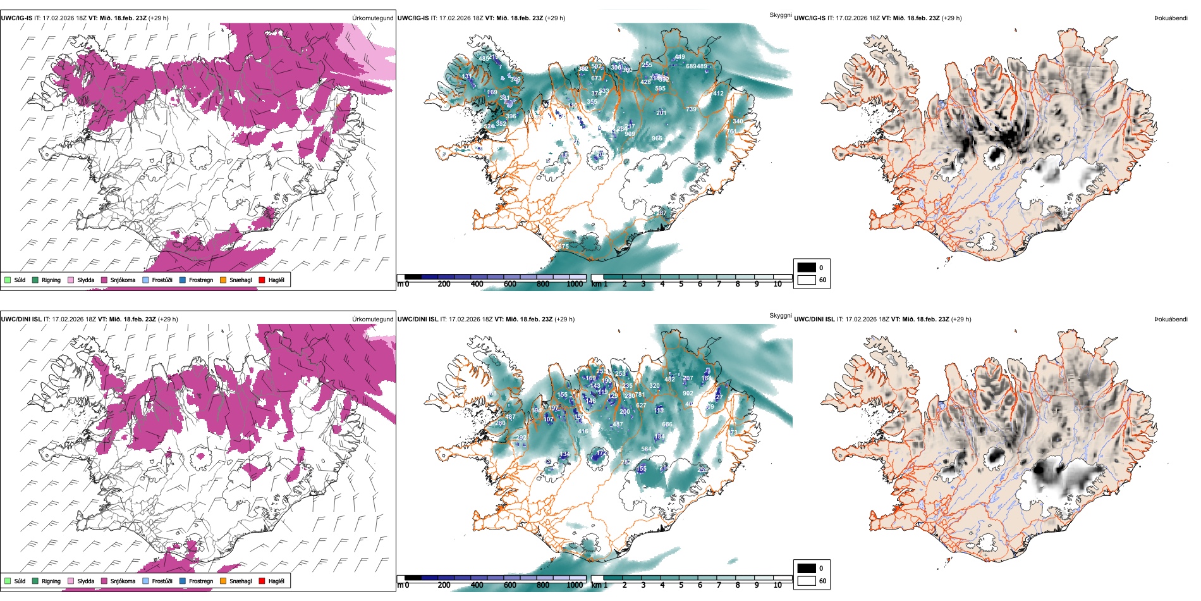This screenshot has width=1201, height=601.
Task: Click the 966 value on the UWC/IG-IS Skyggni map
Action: (657, 139)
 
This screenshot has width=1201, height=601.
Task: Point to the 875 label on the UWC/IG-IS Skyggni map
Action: (563, 247)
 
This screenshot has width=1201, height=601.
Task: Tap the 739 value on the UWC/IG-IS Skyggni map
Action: (691, 109)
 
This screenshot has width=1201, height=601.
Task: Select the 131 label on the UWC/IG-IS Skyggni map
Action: (466, 77)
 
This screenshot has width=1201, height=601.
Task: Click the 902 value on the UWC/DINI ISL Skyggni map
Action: (688, 393)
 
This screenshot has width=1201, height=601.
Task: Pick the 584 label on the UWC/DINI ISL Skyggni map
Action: (646, 449)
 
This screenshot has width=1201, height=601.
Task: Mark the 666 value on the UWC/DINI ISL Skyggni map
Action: (667, 424)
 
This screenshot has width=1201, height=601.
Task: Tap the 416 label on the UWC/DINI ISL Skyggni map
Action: (583, 431)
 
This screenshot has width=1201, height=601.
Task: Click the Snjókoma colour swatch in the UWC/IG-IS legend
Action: (104, 280)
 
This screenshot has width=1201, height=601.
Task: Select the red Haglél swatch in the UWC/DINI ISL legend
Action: (262, 581)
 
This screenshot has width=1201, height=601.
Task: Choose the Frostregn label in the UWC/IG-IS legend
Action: (201, 280)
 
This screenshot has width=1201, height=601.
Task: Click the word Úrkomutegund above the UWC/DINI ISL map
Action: (372, 319)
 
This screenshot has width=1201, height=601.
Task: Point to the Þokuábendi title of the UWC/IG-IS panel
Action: (1171, 18)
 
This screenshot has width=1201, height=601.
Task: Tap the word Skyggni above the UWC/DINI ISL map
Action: (780, 315)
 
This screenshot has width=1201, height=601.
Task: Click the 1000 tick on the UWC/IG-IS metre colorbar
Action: (575, 284)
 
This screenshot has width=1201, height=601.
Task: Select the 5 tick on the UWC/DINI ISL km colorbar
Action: (681, 585)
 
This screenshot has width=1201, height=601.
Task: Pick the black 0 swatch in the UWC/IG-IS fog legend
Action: (807, 267)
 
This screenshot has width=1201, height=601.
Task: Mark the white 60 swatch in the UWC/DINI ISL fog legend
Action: (807, 581)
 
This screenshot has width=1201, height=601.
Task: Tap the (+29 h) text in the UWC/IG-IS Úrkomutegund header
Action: (158, 18)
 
